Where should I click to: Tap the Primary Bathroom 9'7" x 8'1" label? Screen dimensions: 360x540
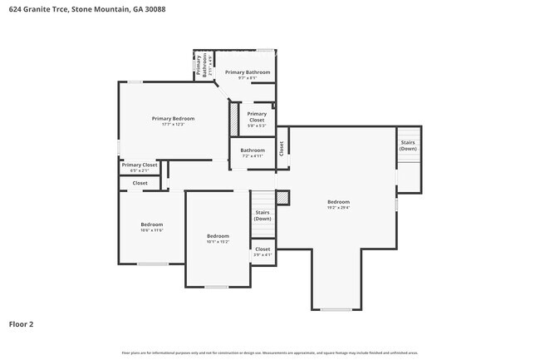pyautogui.click(x=248, y=75)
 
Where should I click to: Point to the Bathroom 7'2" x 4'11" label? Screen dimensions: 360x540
pyautogui.click(x=252, y=152)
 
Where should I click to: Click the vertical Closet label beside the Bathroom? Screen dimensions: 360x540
pyautogui.click(x=282, y=148)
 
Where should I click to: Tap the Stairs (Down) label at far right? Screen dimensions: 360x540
pyautogui.click(x=408, y=145)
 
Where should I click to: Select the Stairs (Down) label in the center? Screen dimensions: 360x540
pyautogui.click(x=263, y=215)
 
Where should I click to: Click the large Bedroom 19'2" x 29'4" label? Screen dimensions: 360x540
pyautogui.click(x=338, y=205)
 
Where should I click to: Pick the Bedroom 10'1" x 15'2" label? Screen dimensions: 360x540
pyautogui.click(x=218, y=239)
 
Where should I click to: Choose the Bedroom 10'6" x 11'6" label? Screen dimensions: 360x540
pyautogui.click(x=151, y=227)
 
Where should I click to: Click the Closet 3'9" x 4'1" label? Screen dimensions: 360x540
pyautogui.click(x=263, y=252)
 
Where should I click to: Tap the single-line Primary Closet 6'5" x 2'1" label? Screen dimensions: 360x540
pyautogui.click(x=140, y=167)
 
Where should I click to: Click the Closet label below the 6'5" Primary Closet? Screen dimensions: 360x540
pyautogui.click(x=140, y=183)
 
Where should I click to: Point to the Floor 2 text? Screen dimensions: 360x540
pyautogui.click(x=22, y=324)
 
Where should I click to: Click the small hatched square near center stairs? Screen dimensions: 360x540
pyautogui.click(x=282, y=197)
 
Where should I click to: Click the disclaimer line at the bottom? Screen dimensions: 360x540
pyautogui.click(x=270, y=353)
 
